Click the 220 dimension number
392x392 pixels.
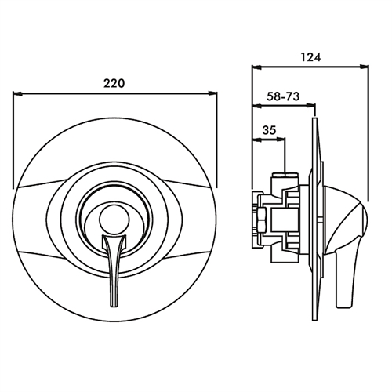coord(114,83)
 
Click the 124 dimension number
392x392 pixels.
coord(310,56)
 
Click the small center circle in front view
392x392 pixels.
coord(114,218)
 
